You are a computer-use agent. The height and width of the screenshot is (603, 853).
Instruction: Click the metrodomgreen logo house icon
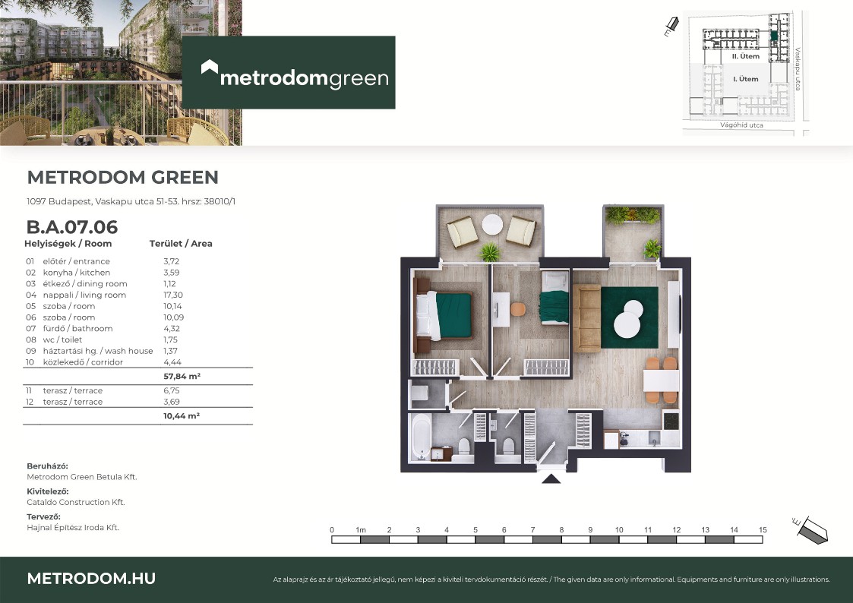tap(210, 67)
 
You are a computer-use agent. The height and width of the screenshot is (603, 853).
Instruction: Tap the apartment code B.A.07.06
tap(72, 227)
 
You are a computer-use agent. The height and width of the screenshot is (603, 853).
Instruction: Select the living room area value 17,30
tap(173, 295)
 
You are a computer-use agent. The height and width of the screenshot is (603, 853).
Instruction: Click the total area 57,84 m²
tap(182, 376)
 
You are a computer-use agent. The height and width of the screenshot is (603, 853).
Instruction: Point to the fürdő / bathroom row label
tap(77, 328)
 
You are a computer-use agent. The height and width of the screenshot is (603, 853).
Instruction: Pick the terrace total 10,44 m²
tap(182, 416)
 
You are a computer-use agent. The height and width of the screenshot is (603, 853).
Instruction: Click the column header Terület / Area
tap(181, 244)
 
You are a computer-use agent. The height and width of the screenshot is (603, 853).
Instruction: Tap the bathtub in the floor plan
tap(420, 437)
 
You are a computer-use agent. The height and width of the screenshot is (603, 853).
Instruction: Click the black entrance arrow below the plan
tap(551, 478)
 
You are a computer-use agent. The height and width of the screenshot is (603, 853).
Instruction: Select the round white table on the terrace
tap(492, 224)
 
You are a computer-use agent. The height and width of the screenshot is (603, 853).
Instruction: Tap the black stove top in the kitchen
tap(671, 421)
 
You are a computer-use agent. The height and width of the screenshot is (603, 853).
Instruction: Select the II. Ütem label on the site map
tap(745, 56)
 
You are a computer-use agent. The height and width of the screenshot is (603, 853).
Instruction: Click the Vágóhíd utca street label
tap(741, 125)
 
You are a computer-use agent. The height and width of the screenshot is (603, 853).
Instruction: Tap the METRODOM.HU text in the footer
tap(91, 579)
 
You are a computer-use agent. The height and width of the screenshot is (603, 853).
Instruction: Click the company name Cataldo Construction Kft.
tap(76, 502)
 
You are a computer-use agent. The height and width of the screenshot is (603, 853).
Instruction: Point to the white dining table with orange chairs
tap(661, 380)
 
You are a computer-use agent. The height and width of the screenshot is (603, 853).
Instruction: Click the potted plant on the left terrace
tap(490, 251)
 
